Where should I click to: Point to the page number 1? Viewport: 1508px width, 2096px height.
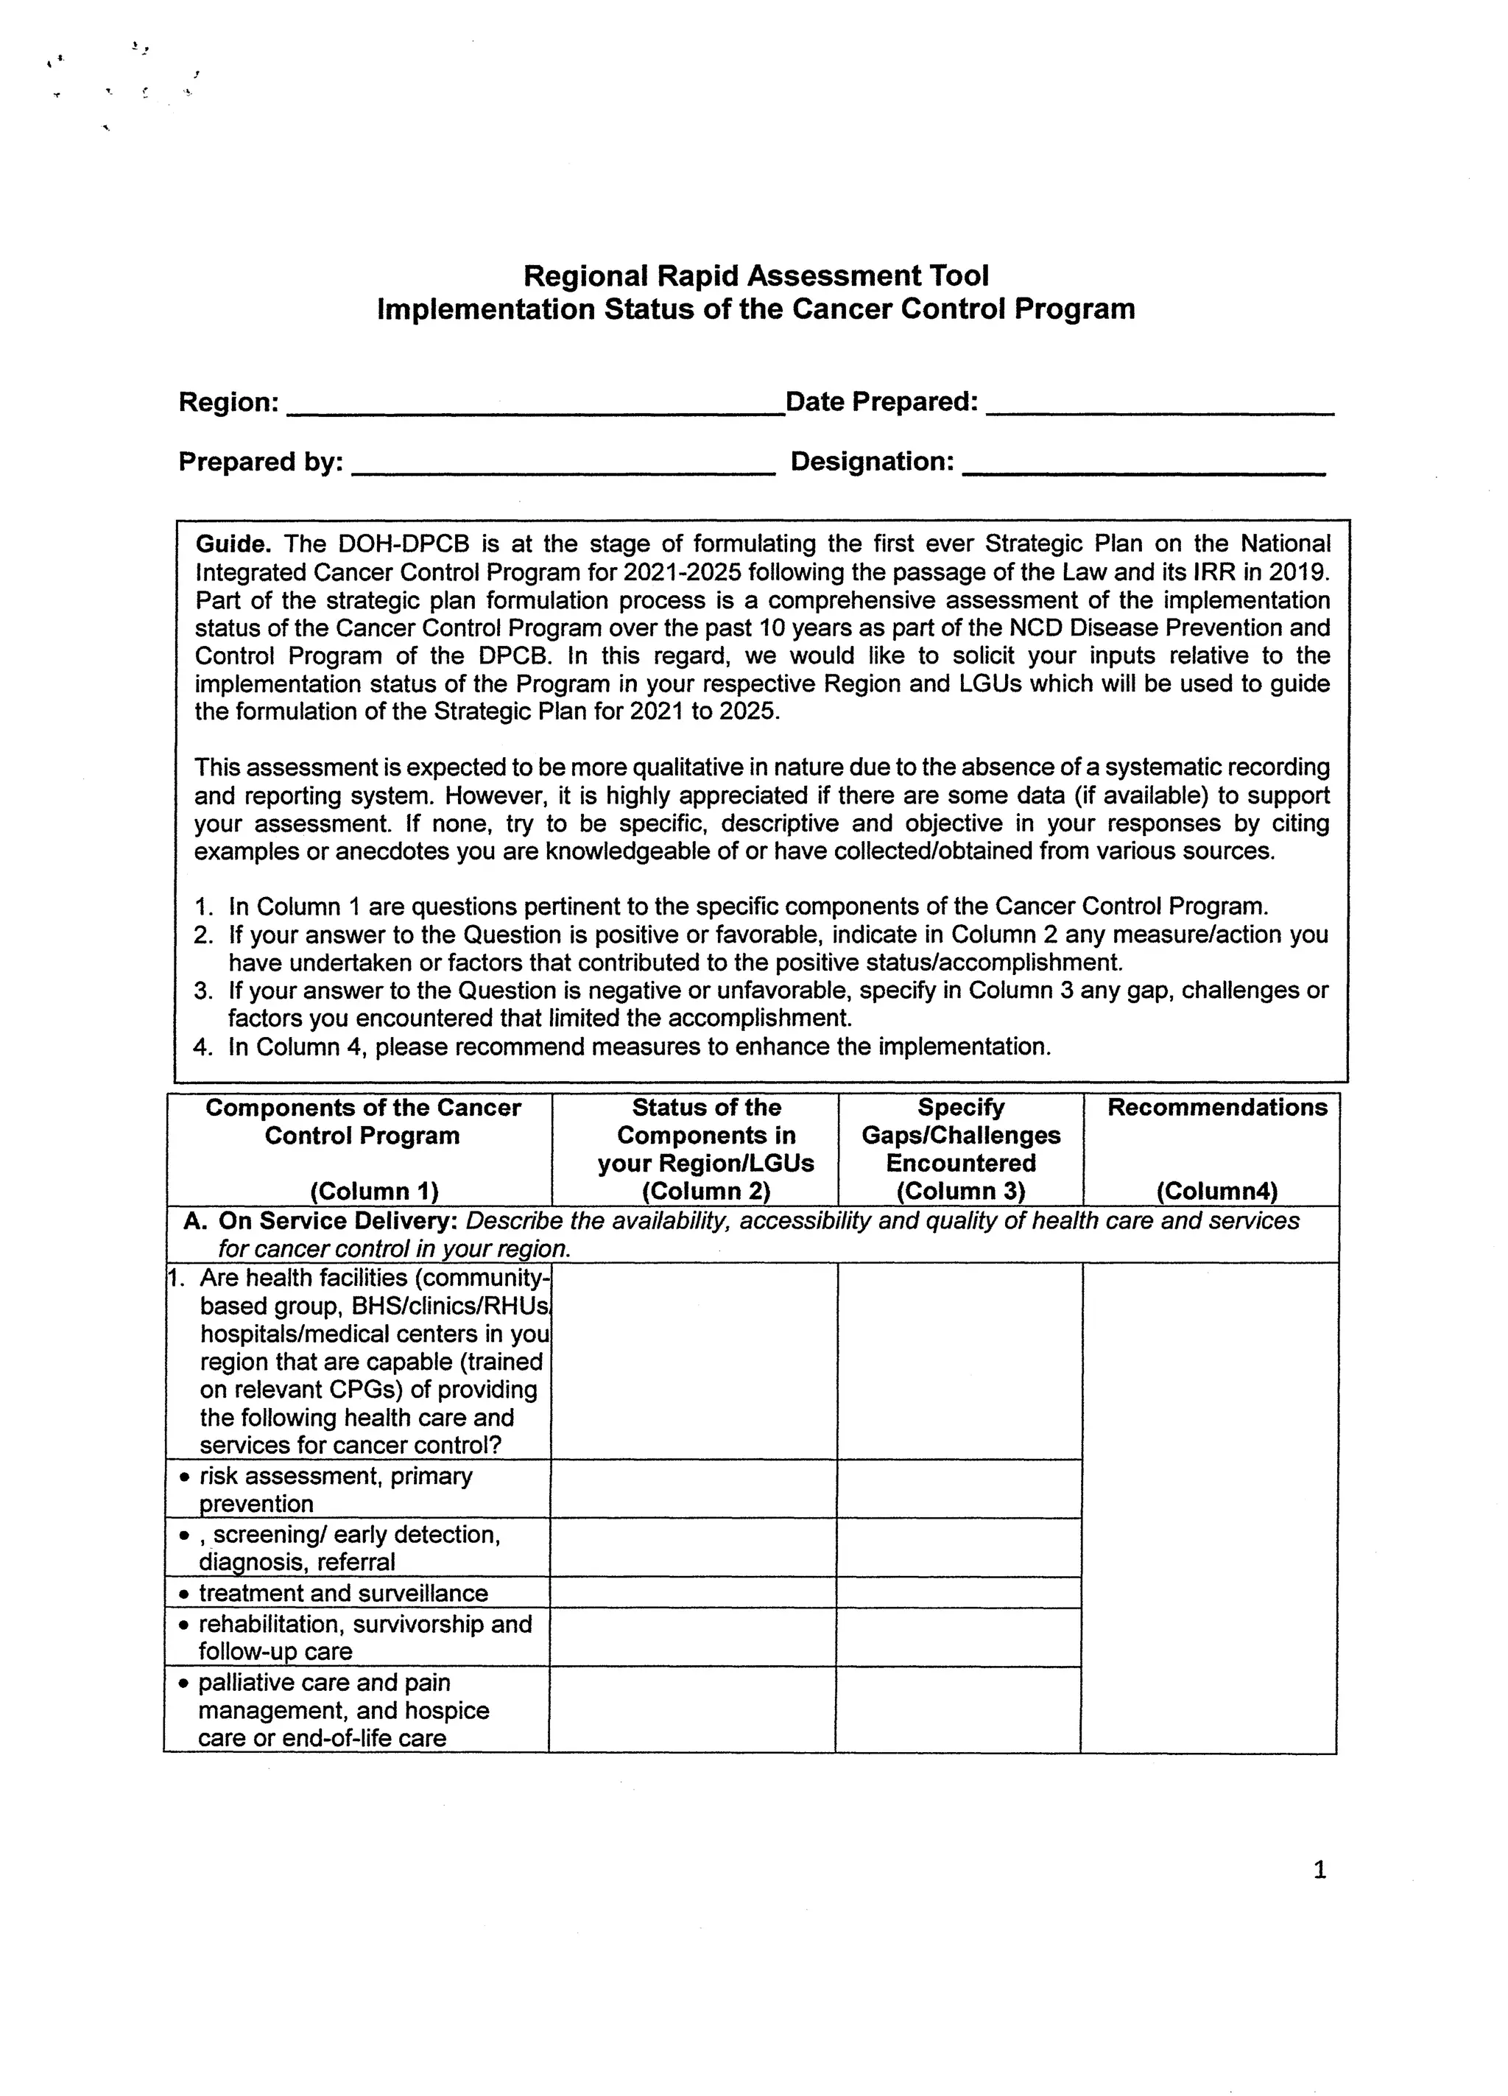(x=1319, y=1870)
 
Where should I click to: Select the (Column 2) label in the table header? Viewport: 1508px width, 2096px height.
(x=706, y=1192)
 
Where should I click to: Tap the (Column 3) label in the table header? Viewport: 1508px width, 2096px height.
(x=960, y=1192)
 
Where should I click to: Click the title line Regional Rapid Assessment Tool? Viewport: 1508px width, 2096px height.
(x=756, y=275)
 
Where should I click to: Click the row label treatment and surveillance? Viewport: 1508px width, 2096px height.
(x=343, y=1592)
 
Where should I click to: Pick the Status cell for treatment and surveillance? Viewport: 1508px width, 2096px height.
(x=693, y=1592)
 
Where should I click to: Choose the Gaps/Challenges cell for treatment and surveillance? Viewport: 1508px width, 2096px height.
(x=958, y=1592)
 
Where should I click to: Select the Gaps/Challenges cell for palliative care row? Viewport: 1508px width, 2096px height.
(x=958, y=1709)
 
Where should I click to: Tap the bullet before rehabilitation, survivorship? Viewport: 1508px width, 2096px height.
(x=184, y=1625)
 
